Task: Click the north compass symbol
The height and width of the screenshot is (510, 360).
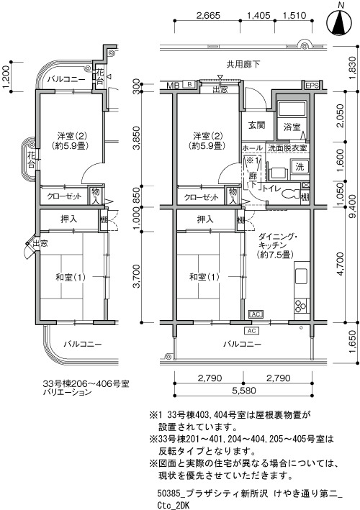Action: pyautogui.click(x=340, y=22)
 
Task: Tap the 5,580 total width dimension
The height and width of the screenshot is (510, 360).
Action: pyautogui.click(x=244, y=391)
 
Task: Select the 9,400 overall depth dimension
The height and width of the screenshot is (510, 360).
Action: pyautogui.click(x=354, y=208)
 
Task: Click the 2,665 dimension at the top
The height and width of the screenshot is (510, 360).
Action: pyautogui.click(x=208, y=15)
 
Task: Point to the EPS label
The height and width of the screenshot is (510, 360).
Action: pyautogui.click(x=312, y=86)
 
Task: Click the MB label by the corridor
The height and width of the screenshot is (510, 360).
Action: pyautogui.click(x=173, y=86)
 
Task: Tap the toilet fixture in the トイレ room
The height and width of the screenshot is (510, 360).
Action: pyautogui.click(x=292, y=193)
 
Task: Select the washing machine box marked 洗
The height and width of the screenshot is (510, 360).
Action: pyautogui.click(x=299, y=167)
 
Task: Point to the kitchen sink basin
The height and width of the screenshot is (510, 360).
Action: pyautogui.click(x=301, y=277)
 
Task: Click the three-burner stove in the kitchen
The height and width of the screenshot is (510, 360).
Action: pyautogui.click(x=301, y=306)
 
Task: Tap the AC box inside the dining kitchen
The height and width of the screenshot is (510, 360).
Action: pyautogui.click(x=256, y=314)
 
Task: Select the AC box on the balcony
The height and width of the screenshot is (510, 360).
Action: pyautogui.click(x=251, y=331)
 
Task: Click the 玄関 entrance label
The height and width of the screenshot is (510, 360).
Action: pyautogui.click(x=257, y=125)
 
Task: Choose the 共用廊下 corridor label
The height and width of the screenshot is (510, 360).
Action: pyautogui.click(x=243, y=65)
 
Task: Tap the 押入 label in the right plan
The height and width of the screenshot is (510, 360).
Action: pyautogui.click(x=205, y=219)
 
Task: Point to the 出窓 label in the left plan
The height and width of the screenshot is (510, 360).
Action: pyautogui.click(x=40, y=243)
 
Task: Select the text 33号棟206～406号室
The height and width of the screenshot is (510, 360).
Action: pyautogui.click(x=86, y=384)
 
